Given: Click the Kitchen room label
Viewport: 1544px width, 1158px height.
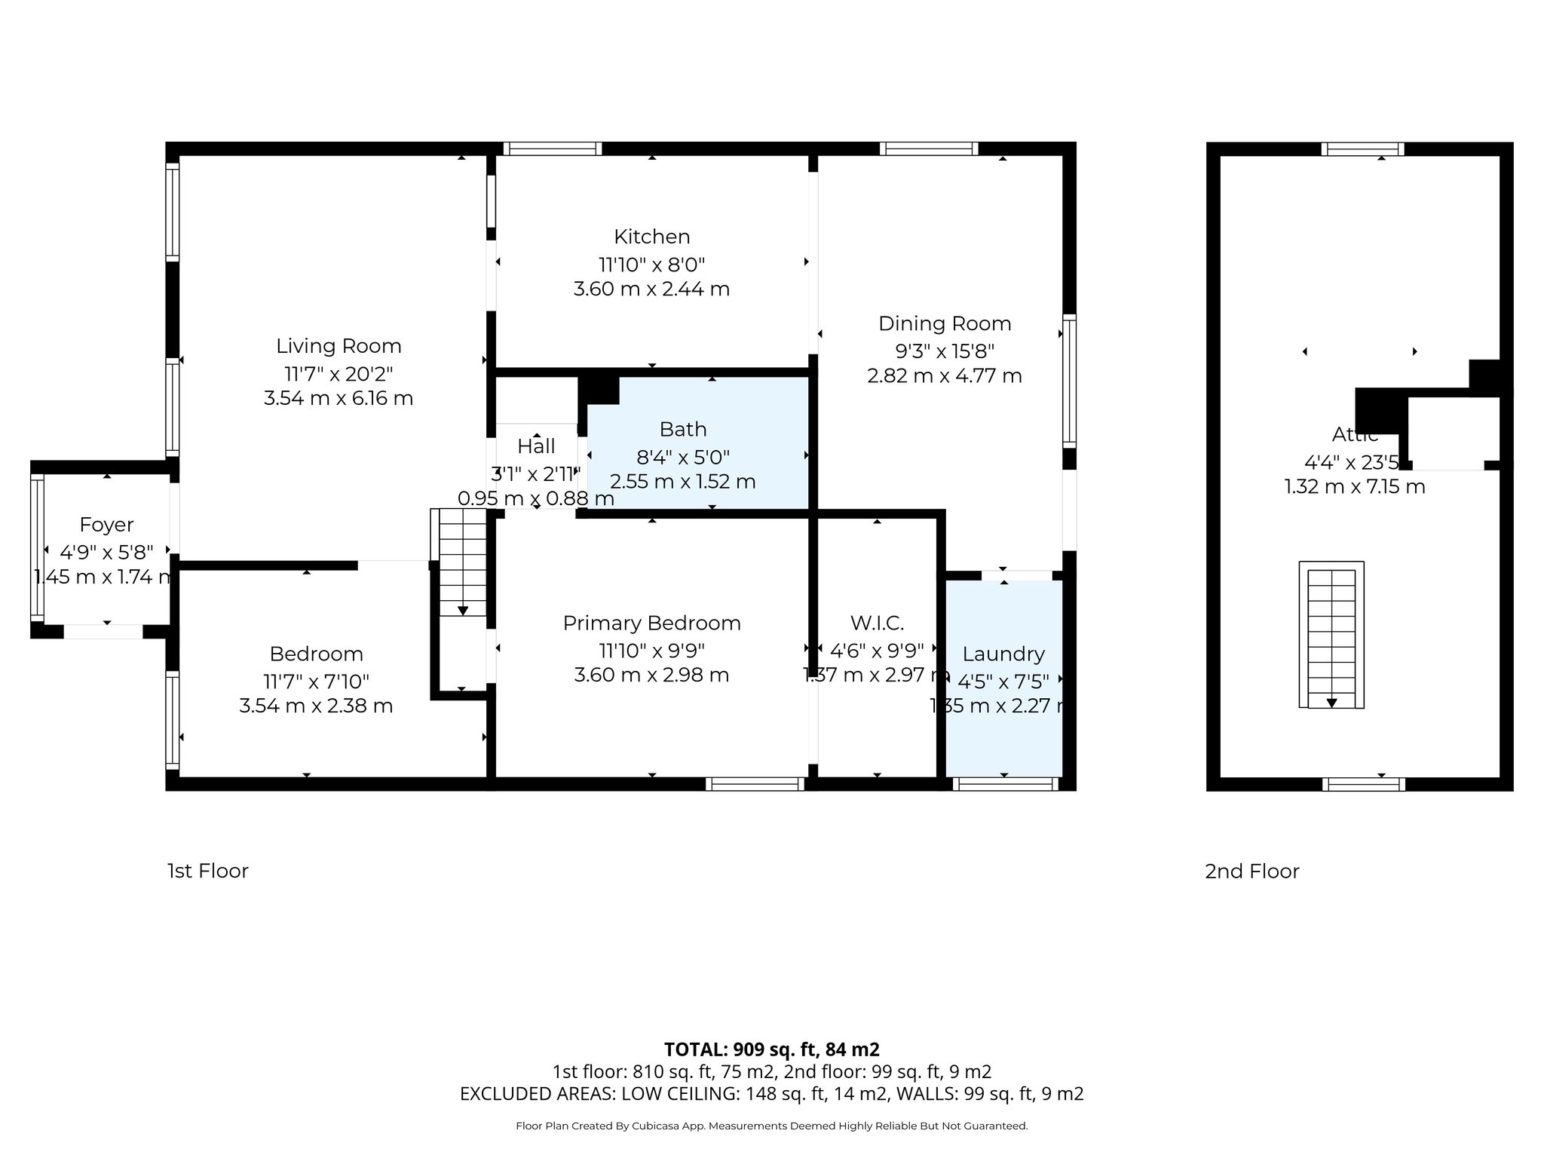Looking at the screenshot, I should coord(651,237).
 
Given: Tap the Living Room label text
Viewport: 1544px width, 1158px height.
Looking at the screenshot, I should coord(339,346).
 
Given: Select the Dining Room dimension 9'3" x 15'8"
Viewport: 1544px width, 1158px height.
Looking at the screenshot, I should coord(944,351).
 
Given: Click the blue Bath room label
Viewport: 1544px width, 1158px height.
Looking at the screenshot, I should coord(683,430).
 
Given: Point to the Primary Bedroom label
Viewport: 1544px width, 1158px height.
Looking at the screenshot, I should coord(651,623).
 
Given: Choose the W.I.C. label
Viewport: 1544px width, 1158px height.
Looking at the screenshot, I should coord(877,623).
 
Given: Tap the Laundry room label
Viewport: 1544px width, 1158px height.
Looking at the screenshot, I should coord(1003,654).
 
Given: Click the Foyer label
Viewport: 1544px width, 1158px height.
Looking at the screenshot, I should coord(106,525).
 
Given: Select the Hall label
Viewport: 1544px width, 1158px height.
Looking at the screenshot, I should coord(536,446).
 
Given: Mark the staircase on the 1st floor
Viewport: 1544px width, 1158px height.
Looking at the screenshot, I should coord(461,562).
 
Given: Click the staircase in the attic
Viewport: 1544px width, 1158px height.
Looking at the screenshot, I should coord(1331,635).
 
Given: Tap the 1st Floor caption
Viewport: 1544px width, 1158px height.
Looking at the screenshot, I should coord(207,872).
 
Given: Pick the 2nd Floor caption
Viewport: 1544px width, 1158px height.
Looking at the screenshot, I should coord(1251,872).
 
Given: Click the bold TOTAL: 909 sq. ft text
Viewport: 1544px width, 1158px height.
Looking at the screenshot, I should coord(771,1049).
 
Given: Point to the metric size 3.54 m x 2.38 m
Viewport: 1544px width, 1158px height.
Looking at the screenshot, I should coord(316,706).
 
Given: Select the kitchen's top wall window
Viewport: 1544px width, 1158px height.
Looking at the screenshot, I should coord(552,149).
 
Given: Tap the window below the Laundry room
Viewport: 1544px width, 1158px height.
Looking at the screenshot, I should coord(1005,785).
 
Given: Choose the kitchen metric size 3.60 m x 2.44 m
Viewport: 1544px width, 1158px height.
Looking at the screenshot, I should coord(651,289).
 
